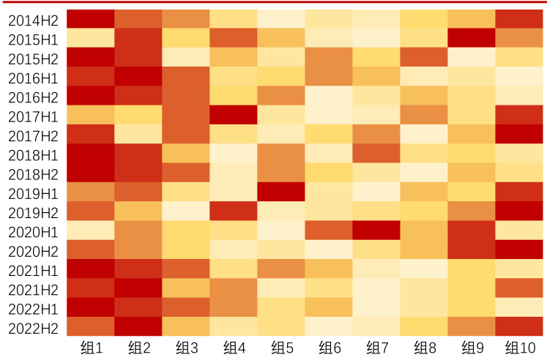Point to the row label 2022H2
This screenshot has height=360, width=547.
click(33, 327)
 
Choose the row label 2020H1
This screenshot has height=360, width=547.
click(33, 231)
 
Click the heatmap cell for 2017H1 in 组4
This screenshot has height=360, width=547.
click(234, 115)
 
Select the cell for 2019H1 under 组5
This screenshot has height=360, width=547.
click(281, 192)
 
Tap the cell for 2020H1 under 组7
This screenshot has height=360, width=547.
click(376, 230)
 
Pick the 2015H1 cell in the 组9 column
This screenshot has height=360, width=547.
click(472, 38)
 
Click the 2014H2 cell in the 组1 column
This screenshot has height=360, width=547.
click(91, 19)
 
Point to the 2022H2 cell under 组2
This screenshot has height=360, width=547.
click(138, 326)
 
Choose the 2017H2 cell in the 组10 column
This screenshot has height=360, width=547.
click(519, 134)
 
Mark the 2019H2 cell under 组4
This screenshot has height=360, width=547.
click(234, 211)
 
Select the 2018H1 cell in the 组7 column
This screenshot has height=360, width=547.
click(376, 154)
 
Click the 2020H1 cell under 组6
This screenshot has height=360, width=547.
click(329, 230)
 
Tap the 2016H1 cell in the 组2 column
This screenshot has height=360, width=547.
click(138, 77)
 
